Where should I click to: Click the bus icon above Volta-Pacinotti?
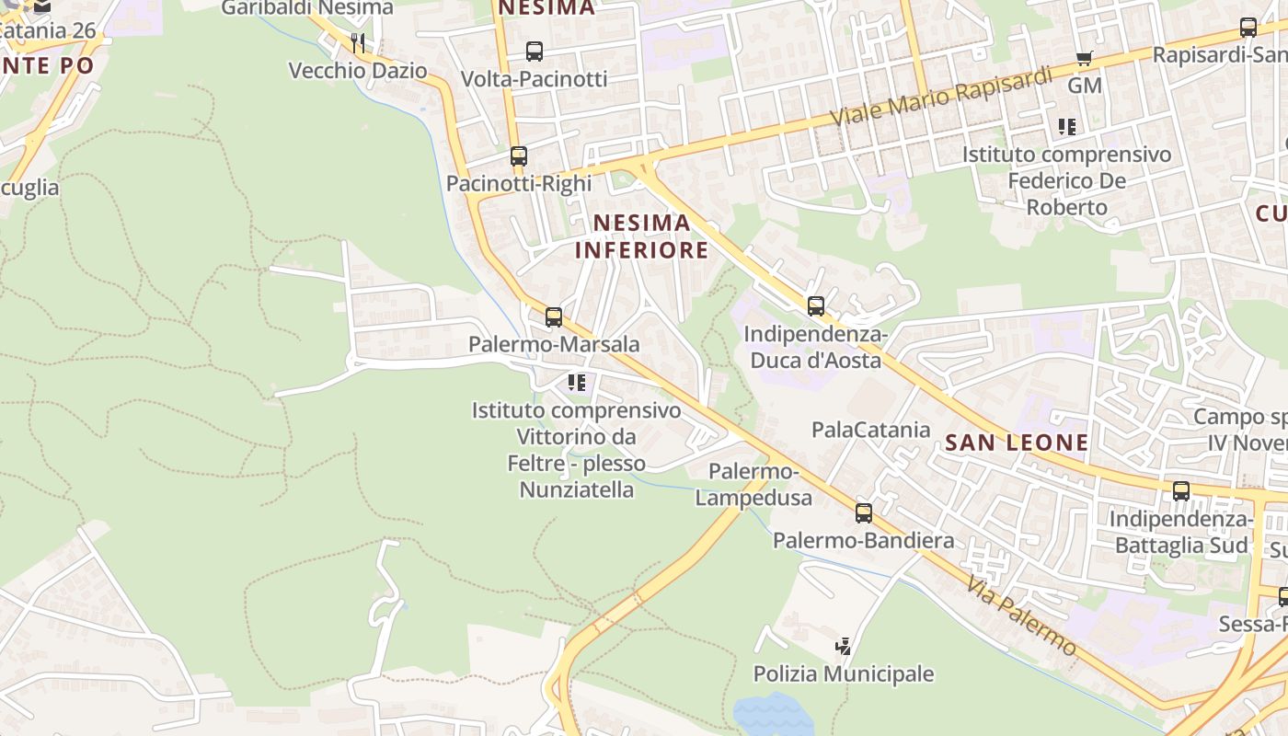[x=534, y=52]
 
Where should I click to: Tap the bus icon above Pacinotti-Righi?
[x=519, y=156]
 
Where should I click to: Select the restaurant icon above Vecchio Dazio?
[x=358, y=42]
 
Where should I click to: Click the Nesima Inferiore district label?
[x=641, y=236]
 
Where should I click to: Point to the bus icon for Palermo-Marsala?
[x=553, y=317]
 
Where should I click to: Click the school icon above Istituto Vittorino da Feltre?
[x=577, y=383]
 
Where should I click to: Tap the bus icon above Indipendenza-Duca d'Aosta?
[x=815, y=306]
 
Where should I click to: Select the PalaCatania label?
[x=870, y=430]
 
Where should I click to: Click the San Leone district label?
[x=1017, y=443]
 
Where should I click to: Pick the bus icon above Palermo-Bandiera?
[x=863, y=513]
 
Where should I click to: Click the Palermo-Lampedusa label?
[x=753, y=485]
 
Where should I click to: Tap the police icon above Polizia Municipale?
[x=843, y=647]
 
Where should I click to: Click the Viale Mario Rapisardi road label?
[x=940, y=98]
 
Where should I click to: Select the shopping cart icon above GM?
[x=1084, y=59]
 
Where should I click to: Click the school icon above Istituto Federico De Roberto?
[x=1066, y=127]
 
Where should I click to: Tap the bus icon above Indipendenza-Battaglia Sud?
[x=1180, y=491]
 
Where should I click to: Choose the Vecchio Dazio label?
[x=358, y=71]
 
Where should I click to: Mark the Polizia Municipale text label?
[x=843, y=674]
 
